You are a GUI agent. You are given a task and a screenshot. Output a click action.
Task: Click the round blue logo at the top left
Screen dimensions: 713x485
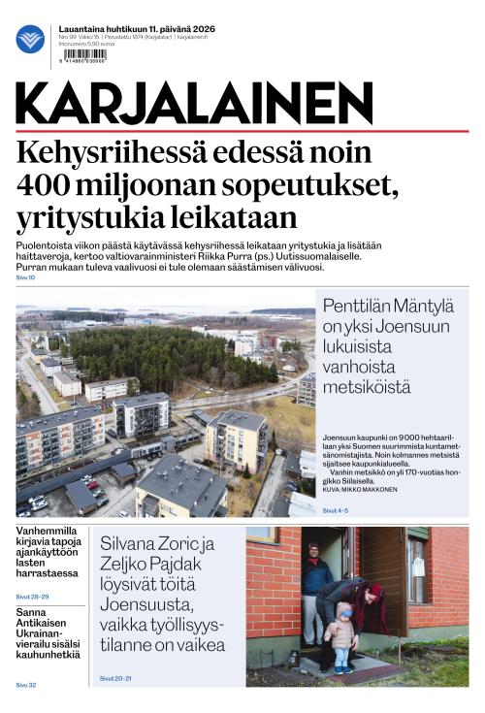[x=30, y=39]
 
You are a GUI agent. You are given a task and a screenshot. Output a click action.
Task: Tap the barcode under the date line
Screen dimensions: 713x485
[x=83, y=56]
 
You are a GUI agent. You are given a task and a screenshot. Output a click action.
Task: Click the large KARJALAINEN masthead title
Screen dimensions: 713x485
[x=195, y=104]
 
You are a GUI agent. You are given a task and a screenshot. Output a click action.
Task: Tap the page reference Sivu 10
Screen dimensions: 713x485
[x=25, y=277]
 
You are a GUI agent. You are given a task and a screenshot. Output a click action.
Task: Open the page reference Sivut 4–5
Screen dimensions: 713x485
[x=335, y=509]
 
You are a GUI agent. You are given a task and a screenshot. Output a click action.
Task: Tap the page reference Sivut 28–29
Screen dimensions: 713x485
[x=32, y=597]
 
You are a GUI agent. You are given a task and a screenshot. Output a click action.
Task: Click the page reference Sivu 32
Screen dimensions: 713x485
[x=25, y=685]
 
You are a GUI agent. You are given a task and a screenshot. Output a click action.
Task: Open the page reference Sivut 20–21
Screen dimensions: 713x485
[x=115, y=678]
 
